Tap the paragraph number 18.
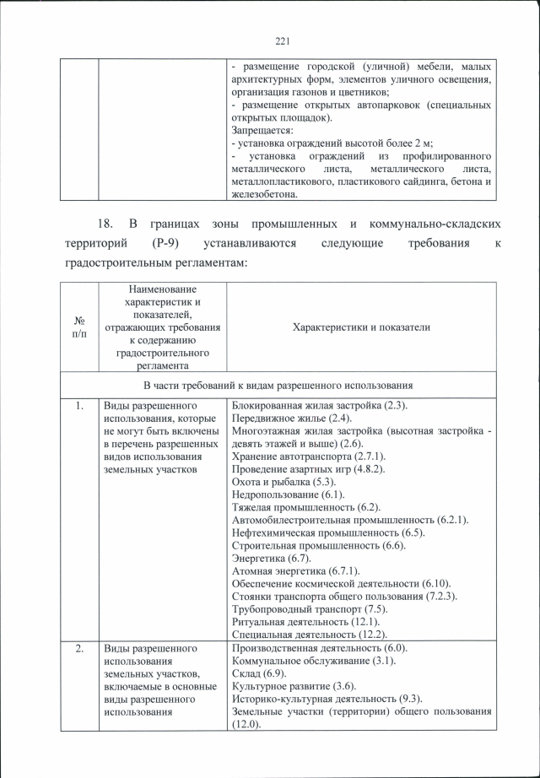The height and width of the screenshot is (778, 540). click(105, 224)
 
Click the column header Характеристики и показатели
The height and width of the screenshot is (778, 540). click(361, 327)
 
